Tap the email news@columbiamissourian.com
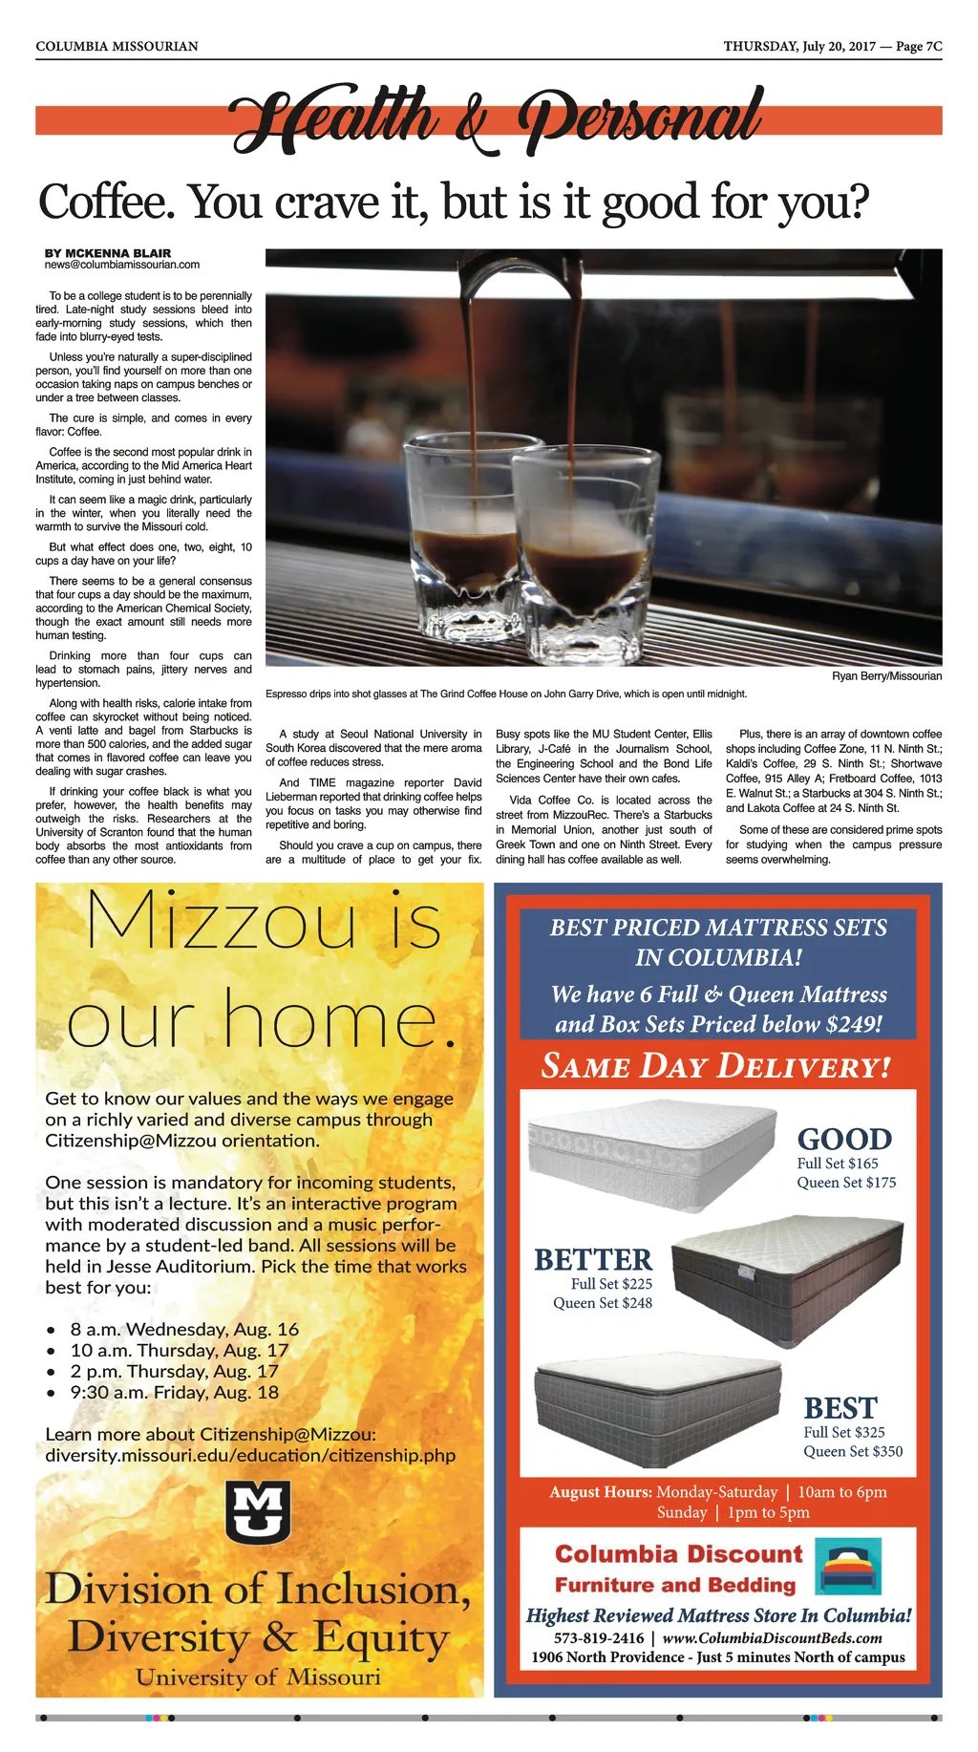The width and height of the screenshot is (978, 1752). click(122, 265)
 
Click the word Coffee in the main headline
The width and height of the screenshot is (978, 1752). click(105, 202)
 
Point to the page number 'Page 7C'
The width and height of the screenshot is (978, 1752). click(919, 46)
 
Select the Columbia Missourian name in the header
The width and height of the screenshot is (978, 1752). click(117, 46)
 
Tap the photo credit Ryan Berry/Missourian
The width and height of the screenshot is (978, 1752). click(886, 676)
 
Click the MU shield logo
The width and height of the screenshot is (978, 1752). click(258, 1511)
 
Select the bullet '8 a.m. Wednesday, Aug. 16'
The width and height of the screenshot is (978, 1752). click(184, 1329)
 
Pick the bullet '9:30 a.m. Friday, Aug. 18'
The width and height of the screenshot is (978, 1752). click(175, 1392)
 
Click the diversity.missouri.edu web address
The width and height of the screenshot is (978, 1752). click(250, 1455)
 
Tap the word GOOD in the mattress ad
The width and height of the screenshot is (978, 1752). click(844, 1139)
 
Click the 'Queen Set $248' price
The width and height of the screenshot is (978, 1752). click(603, 1303)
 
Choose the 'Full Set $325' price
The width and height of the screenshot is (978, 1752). click(844, 1432)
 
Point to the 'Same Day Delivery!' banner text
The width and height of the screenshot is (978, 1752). click(716, 1066)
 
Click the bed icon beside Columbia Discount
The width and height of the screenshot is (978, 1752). click(848, 1566)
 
